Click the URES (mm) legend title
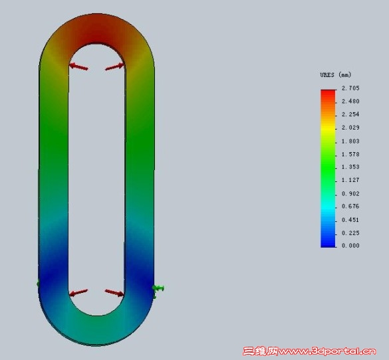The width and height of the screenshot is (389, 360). click(x=336, y=74)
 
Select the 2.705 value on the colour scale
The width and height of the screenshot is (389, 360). click(x=350, y=88)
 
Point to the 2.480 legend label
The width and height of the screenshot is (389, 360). click(x=350, y=102)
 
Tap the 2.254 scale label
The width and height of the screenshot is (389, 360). click(x=350, y=115)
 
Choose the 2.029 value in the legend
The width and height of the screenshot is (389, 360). click(x=350, y=128)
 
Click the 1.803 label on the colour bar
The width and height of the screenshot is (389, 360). click(x=350, y=141)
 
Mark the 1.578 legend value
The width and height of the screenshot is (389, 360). click(x=350, y=154)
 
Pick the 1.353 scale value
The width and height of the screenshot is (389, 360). click(x=350, y=167)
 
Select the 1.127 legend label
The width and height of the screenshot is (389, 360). click(x=350, y=180)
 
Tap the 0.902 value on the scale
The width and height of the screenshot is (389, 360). click(x=350, y=193)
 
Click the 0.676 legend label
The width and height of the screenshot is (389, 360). click(x=350, y=207)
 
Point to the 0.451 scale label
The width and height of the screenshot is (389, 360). click(x=350, y=220)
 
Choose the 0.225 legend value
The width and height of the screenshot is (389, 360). click(x=350, y=232)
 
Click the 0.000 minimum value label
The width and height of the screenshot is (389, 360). click(x=350, y=246)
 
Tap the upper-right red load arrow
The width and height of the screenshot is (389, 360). click(x=115, y=66)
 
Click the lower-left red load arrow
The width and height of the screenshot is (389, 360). click(x=78, y=292)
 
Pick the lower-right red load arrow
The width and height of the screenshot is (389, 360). click(x=114, y=292)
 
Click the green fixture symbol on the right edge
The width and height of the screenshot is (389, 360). click(x=158, y=288)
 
